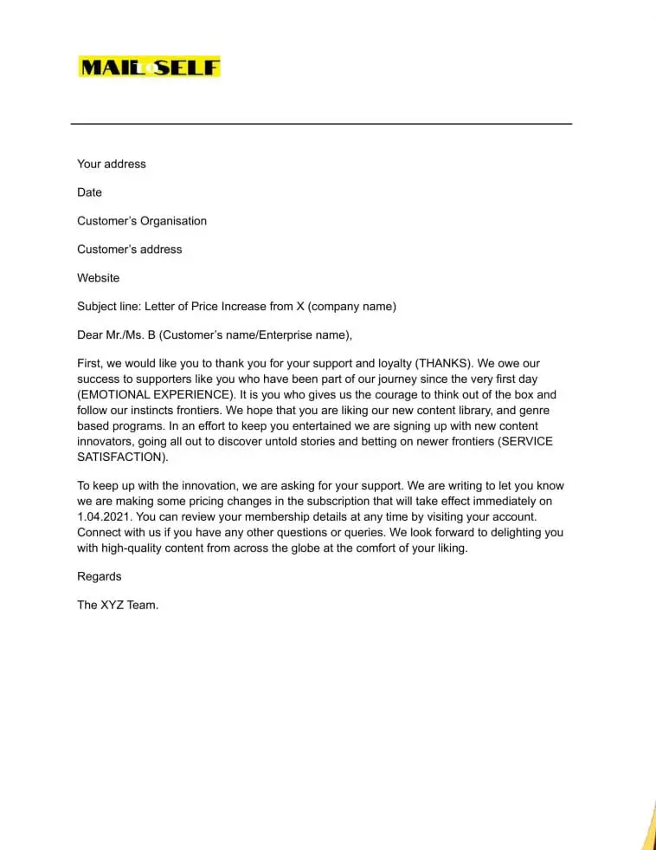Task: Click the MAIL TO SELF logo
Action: [x=149, y=67]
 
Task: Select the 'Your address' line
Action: [x=112, y=164]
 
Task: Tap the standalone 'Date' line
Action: [x=89, y=192]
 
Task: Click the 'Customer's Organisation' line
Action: [x=142, y=221]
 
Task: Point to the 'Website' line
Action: [x=98, y=278]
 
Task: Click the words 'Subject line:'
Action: [x=109, y=307]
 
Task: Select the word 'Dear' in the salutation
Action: [x=90, y=335]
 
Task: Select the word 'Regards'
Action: [x=99, y=577]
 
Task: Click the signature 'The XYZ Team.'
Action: [x=118, y=606]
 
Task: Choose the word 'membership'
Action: [x=263, y=517]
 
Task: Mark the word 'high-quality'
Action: [x=138, y=548]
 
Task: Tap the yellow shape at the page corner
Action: [x=648, y=827]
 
